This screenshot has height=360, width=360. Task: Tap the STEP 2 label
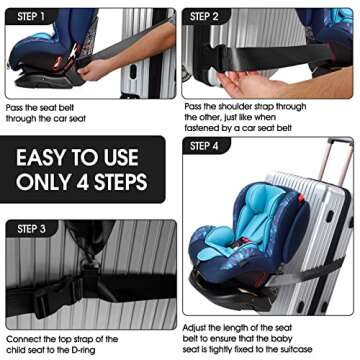(205, 17)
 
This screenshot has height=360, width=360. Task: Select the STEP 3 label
(31, 229)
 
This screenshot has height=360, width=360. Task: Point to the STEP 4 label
(205, 146)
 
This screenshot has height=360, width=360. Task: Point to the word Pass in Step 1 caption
(15, 107)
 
